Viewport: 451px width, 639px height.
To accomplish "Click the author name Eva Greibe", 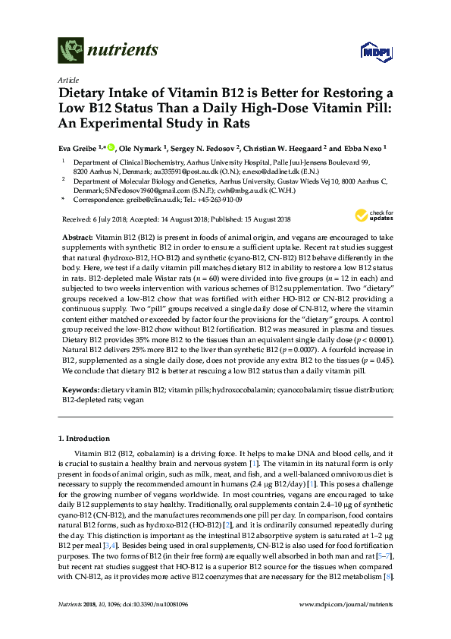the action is pyautogui.click(x=77, y=148).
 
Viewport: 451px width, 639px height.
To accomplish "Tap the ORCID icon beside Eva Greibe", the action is pyautogui.click(x=110, y=148).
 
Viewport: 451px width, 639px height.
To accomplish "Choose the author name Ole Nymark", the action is pyautogui.click(x=137, y=148).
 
